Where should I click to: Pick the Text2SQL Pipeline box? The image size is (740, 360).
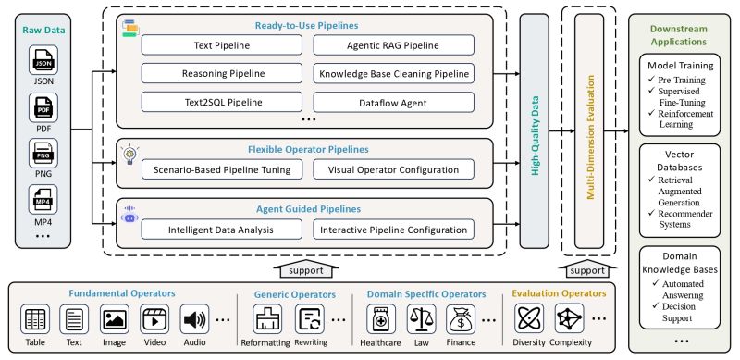[216, 102]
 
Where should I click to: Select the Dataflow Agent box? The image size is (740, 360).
[394, 102]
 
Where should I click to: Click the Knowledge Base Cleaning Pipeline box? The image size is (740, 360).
[394, 72]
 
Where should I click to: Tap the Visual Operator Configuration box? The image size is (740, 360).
[394, 169]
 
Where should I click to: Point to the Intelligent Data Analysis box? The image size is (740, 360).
[216, 230]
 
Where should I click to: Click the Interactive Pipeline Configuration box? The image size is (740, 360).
[394, 230]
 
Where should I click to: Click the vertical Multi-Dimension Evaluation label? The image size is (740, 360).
[589, 130]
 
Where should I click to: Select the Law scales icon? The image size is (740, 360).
[421, 320]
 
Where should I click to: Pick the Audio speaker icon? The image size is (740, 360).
[194, 320]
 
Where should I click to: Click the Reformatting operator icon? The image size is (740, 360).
[267, 320]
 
